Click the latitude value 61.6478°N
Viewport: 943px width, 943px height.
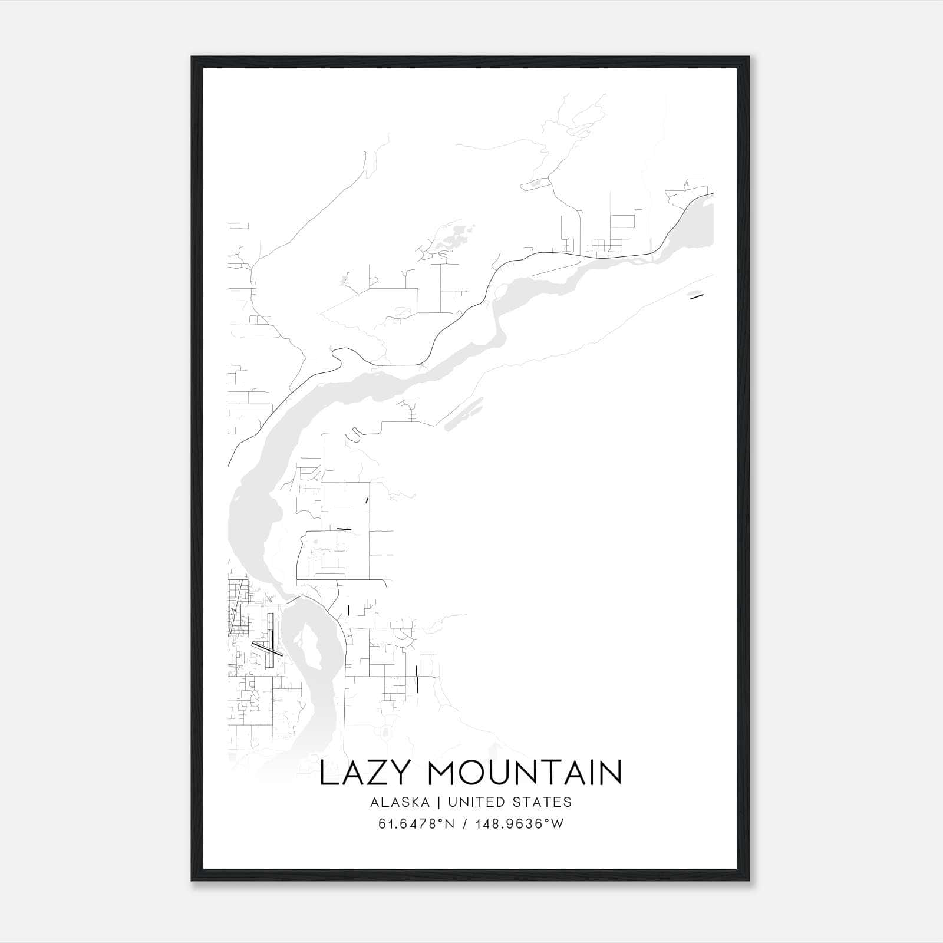416,824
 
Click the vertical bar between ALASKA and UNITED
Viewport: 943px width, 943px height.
443,802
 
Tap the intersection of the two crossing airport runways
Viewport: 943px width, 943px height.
271,649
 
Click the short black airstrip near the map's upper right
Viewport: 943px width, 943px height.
697,296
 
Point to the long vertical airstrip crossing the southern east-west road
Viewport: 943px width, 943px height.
417,679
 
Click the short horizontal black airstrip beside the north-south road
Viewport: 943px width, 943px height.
344,529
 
